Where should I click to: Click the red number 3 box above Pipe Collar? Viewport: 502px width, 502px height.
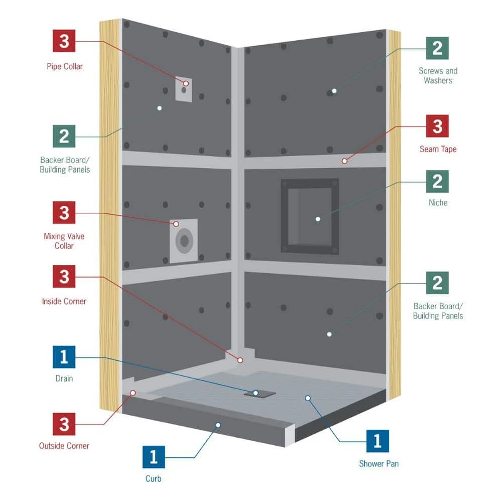[64, 41]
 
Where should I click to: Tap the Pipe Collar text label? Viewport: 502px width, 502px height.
[64, 66]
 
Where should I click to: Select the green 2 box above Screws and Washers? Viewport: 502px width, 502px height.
[437, 48]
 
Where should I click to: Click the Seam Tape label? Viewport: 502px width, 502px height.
[438, 149]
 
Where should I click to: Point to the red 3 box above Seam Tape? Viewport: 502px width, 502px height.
[437, 126]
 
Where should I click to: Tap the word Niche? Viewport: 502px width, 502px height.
[437, 203]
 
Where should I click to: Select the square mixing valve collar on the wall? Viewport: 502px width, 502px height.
[184, 241]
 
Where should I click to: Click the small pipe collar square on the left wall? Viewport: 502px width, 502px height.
[184, 89]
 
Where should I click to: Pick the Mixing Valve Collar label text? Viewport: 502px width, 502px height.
[64, 241]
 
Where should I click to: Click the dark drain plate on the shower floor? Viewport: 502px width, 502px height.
[260, 394]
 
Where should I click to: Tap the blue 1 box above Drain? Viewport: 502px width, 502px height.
[64, 357]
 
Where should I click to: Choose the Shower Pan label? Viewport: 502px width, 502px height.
[379, 464]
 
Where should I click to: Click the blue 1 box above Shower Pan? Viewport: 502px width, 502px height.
[378, 441]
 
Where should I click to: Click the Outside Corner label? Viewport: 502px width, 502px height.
[64, 446]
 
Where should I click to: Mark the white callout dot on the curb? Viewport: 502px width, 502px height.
[218, 425]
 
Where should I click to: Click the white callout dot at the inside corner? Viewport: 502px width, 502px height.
[240, 360]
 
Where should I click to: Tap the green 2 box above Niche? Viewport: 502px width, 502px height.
[437, 181]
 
